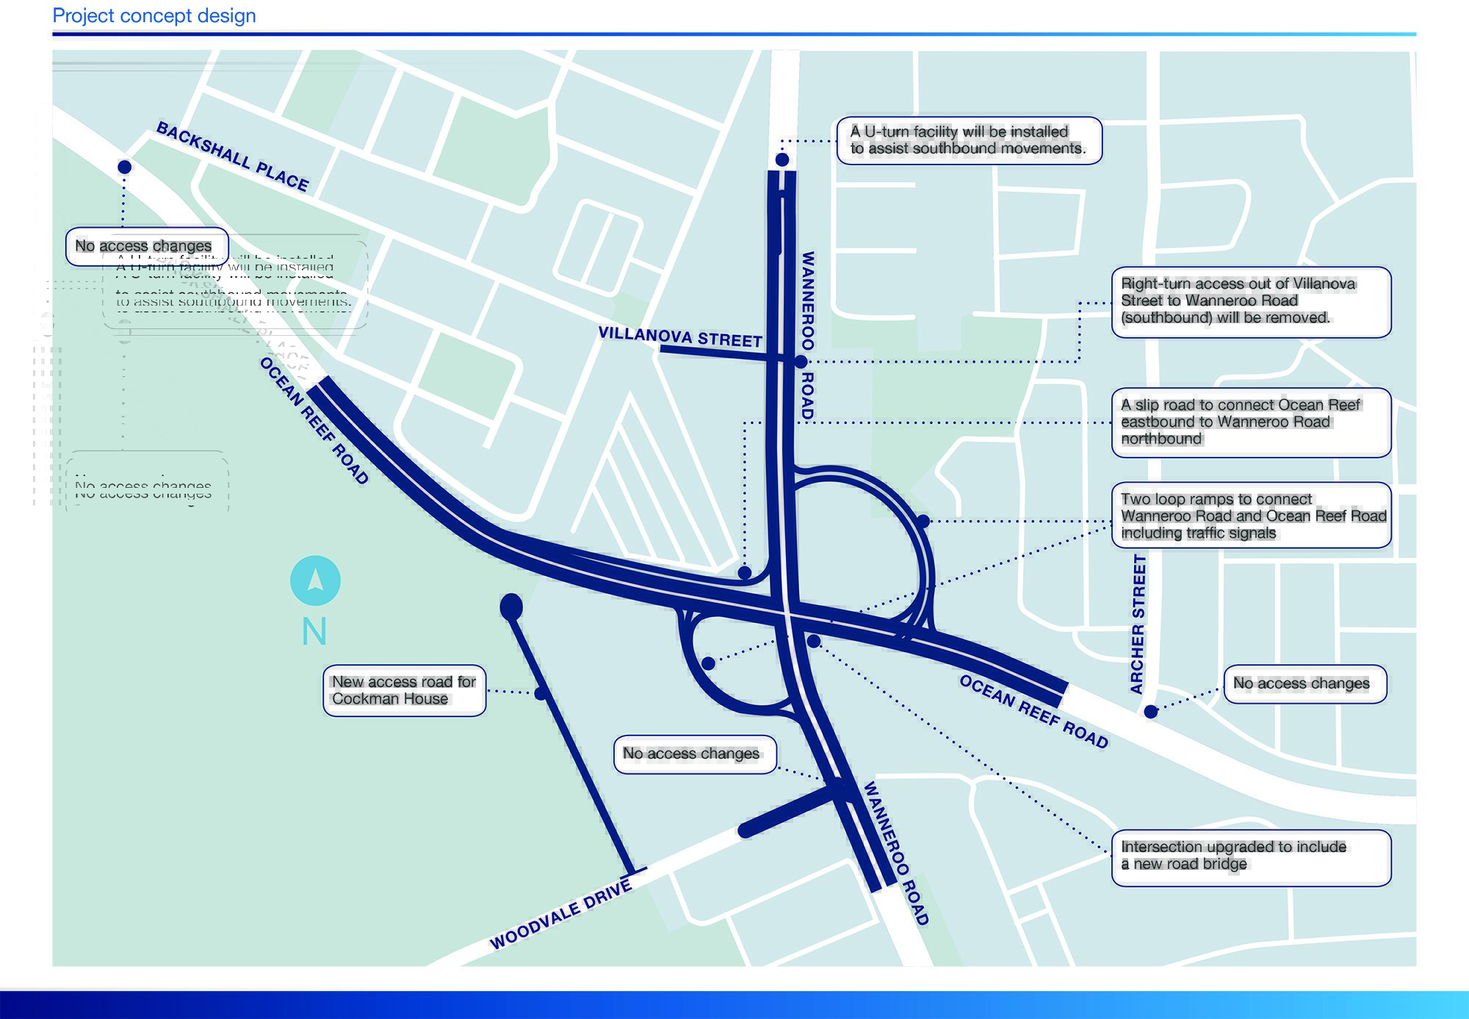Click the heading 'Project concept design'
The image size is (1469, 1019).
(154, 15)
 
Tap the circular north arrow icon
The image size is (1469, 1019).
(315, 580)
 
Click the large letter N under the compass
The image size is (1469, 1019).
(314, 631)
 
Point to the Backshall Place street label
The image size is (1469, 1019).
(233, 156)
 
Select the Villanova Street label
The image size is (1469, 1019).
(680, 336)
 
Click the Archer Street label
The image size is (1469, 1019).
(1138, 624)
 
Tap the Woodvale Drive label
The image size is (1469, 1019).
(561, 915)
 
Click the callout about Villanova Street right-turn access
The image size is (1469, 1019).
(1251, 301)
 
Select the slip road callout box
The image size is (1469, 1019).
(1251, 422)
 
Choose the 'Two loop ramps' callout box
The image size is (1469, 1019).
(1251, 515)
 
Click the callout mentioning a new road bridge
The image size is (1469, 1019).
(1251, 856)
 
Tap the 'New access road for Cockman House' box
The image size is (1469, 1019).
(404, 690)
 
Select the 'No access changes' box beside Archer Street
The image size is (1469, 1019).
(1304, 684)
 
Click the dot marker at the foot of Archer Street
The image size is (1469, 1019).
(1151, 711)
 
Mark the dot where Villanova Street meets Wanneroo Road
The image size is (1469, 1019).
(801, 361)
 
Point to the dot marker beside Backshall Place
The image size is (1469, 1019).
(125, 168)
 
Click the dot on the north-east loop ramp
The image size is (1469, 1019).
(923, 521)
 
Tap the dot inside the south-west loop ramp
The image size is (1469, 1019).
(708, 663)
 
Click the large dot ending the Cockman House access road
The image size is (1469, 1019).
(511, 607)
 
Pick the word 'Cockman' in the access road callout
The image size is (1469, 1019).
(361, 699)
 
